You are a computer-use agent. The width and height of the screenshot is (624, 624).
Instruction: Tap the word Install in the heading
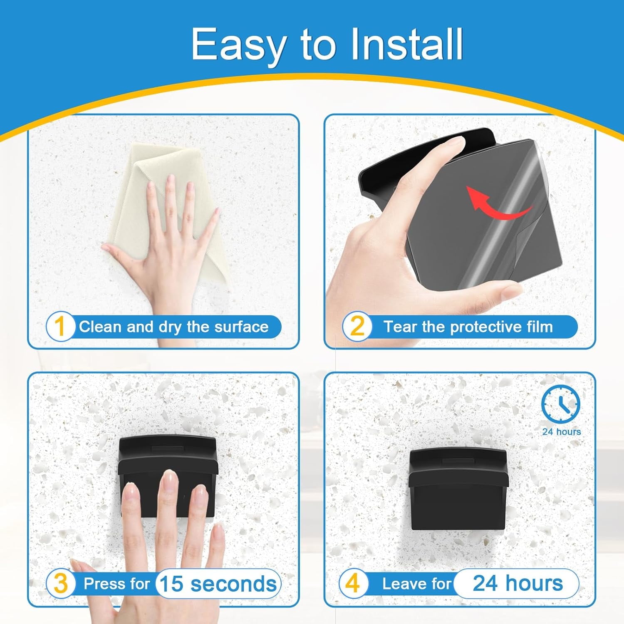point(406,44)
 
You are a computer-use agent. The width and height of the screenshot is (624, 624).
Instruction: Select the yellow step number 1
point(60,327)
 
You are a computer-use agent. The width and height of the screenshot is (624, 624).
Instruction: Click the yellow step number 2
point(357,327)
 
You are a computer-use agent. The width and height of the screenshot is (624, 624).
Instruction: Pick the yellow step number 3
point(61,584)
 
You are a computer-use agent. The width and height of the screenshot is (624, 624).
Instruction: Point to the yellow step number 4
point(352,583)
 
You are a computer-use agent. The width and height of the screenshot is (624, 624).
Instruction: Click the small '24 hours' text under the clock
point(562,431)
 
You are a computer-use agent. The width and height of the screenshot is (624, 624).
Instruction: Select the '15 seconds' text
point(218,584)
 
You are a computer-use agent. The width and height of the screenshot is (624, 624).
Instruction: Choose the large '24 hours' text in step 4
point(518,583)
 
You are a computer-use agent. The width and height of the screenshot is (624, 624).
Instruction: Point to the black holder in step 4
point(458,489)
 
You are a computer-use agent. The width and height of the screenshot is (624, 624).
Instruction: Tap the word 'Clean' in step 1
point(101,327)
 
